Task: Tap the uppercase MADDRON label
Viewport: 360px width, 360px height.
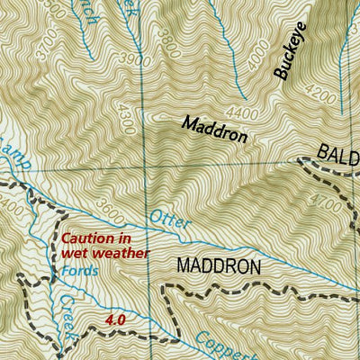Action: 218,266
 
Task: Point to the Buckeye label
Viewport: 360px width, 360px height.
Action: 292,56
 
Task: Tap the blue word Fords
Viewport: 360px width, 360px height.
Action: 79,269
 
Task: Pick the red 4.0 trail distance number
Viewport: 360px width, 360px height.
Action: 114,319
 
